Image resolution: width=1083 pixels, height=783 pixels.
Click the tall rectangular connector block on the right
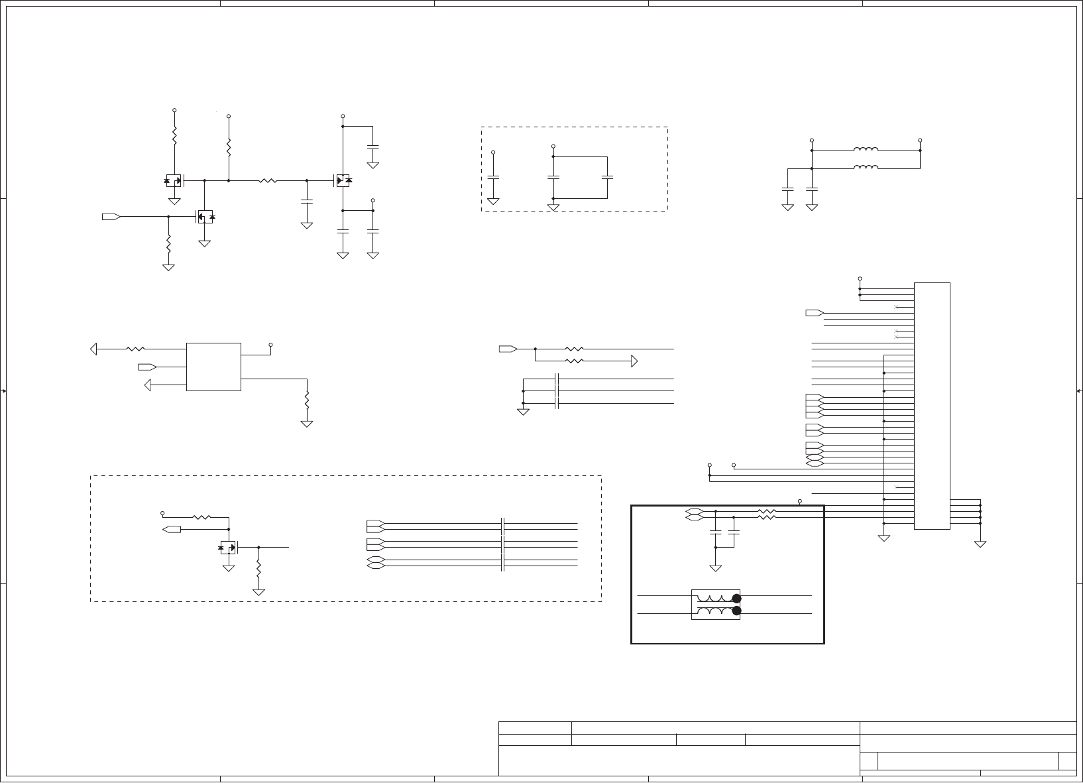pyautogui.click(x=932, y=406)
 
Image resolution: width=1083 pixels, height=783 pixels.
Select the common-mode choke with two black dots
pyautogui.click(x=716, y=605)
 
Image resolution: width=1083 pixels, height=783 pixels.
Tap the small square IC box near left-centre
pyautogui.click(x=213, y=367)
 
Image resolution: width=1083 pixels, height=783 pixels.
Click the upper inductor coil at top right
pyautogui.click(x=866, y=150)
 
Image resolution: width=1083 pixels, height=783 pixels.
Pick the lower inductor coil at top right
pyautogui.click(x=866, y=168)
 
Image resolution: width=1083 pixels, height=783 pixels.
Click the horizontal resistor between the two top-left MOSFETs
pyautogui.click(x=268, y=180)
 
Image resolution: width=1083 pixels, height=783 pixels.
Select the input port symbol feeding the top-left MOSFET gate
pyautogui.click(x=111, y=217)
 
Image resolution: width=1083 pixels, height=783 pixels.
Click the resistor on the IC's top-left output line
pyautogui.click(x=136, y=348)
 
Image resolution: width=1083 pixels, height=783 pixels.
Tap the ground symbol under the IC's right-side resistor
pyautogui.click(x=306, y=422)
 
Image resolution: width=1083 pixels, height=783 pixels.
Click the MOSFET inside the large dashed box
pyautogui.click(x=228, y=548)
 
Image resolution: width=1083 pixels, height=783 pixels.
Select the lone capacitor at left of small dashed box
pyautogui.click(x=493, y=177)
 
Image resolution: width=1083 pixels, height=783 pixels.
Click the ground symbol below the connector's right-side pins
pyautogui.click(x=980, y=544)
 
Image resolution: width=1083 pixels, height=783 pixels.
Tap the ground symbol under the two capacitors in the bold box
pyautogui.click(x=715, y=568)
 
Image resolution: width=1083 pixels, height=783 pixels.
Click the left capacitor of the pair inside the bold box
pyautogui.click(x=715, y=532)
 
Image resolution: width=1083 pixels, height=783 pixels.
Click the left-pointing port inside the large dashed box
pyautogui.click(x=172, y=529)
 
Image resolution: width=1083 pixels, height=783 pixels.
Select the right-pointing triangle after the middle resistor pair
pyautogui.click(x=634, y=361)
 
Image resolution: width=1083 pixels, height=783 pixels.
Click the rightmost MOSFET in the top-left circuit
pyautogui.click(x=342, y=180)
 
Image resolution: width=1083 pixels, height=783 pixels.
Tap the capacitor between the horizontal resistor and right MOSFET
pyautogui.click(x=306, y=201)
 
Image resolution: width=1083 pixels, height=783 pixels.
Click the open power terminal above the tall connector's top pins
pyautogui.click(x=860, y=278)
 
